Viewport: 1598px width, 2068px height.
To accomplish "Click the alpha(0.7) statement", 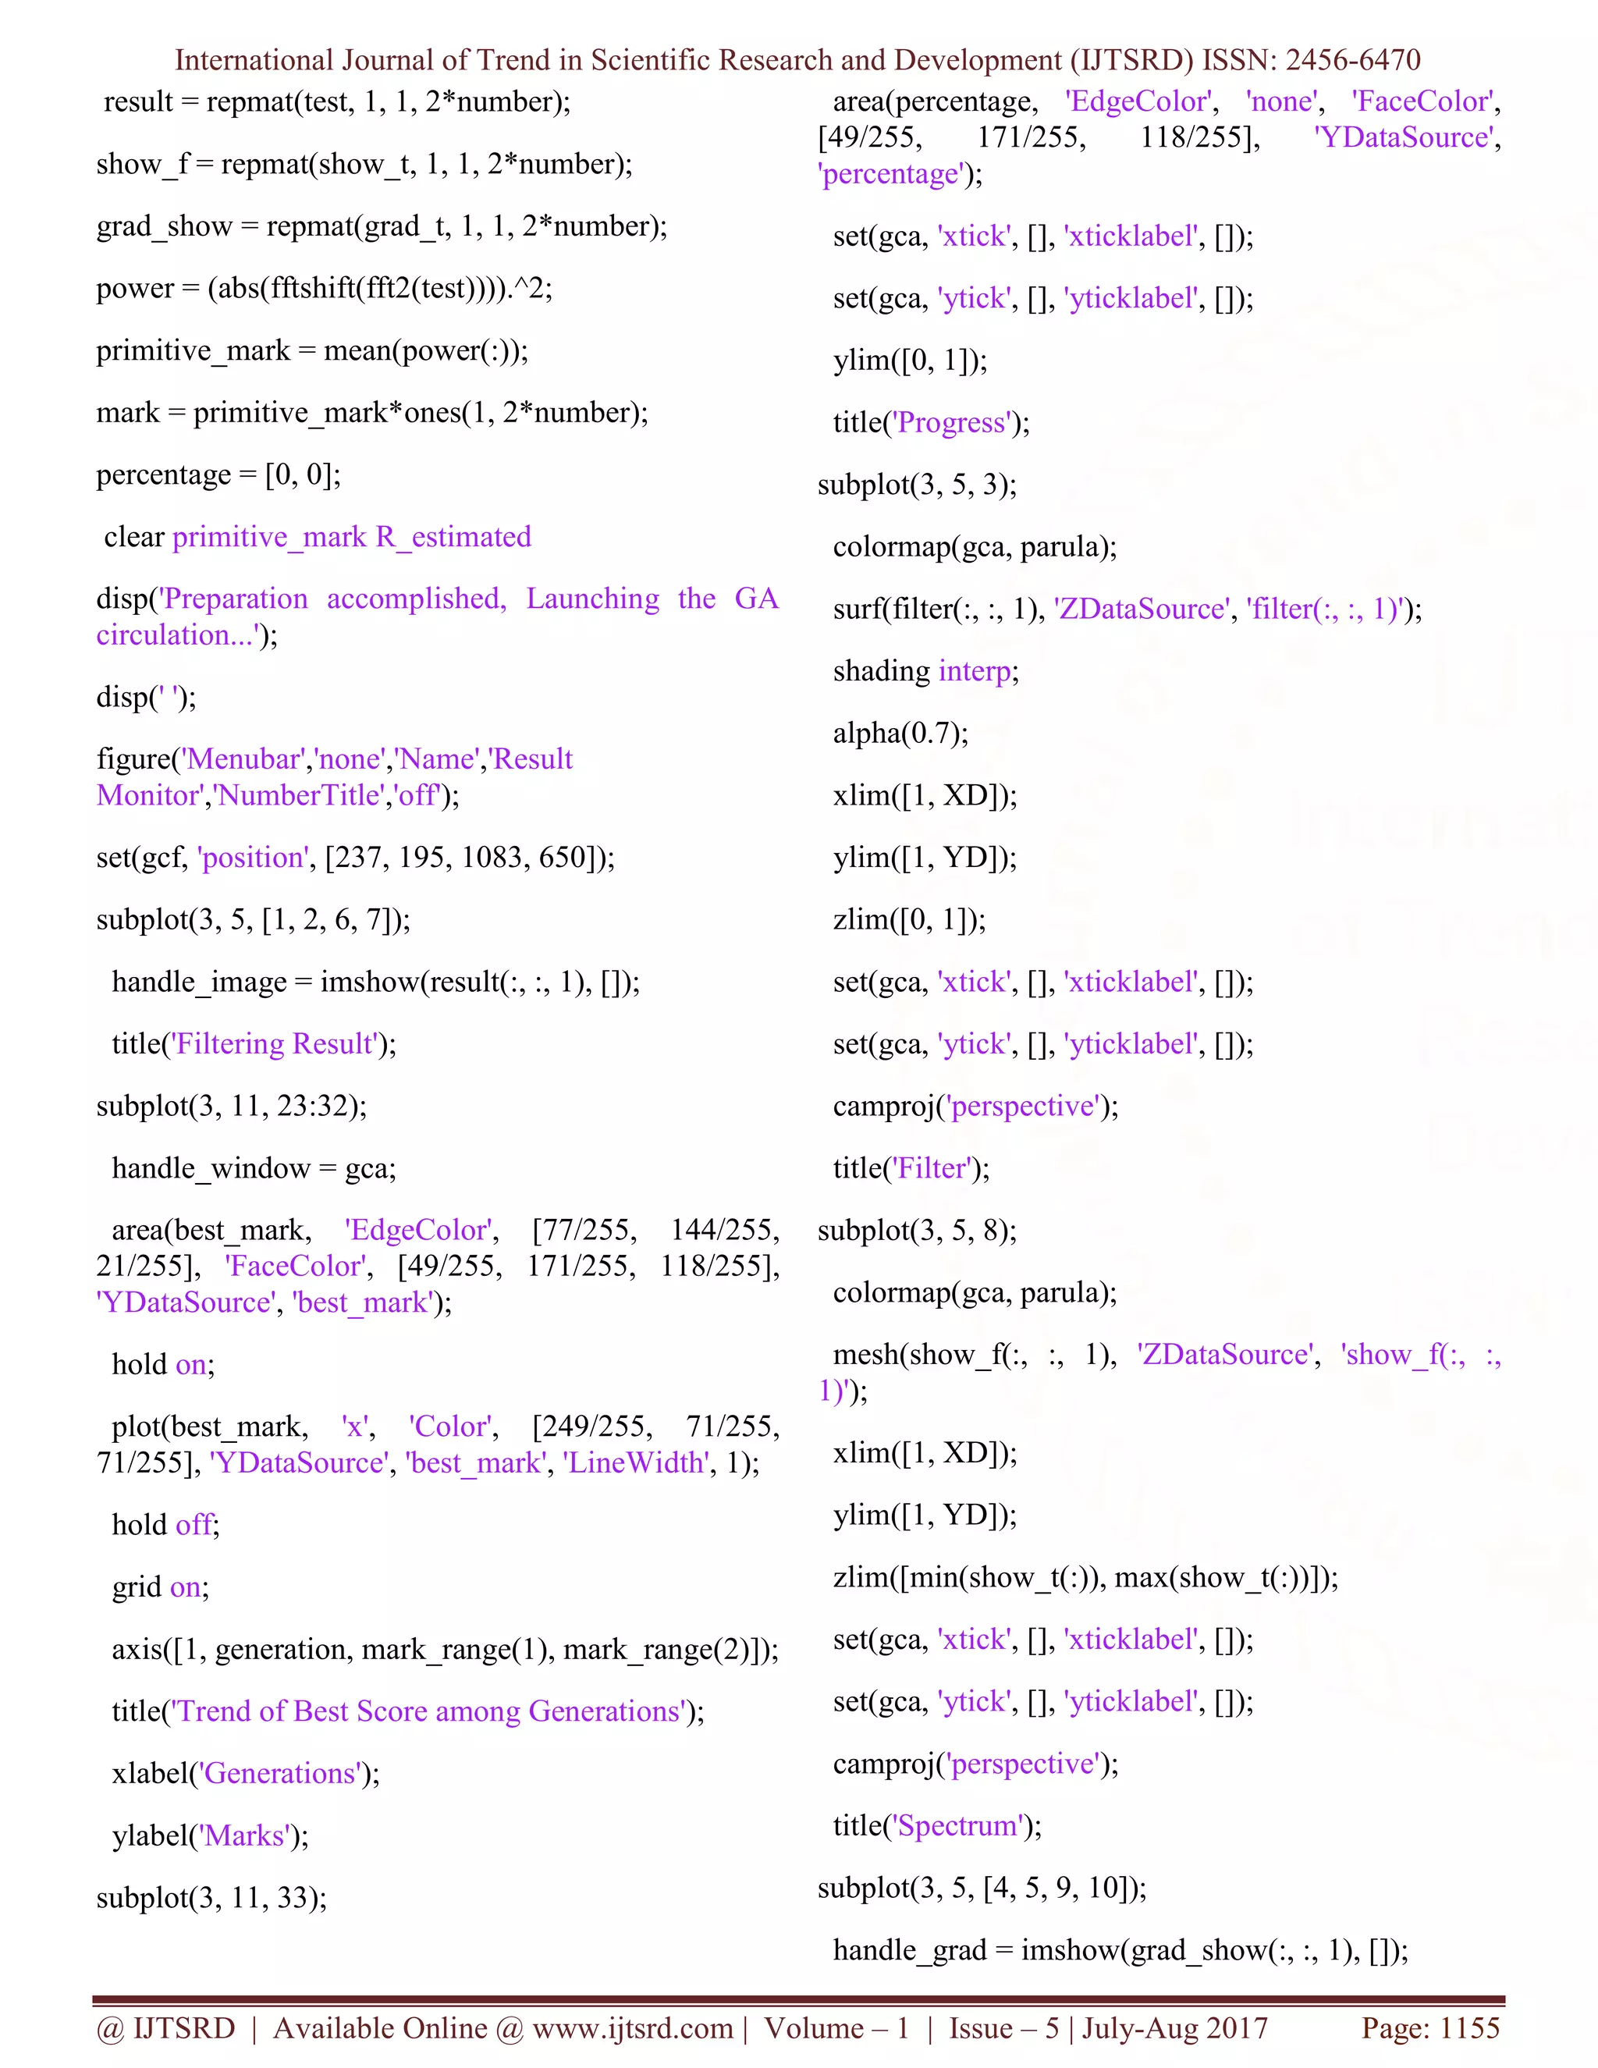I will (900, 733).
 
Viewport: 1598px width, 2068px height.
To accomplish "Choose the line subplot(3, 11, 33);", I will (211, 1898).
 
